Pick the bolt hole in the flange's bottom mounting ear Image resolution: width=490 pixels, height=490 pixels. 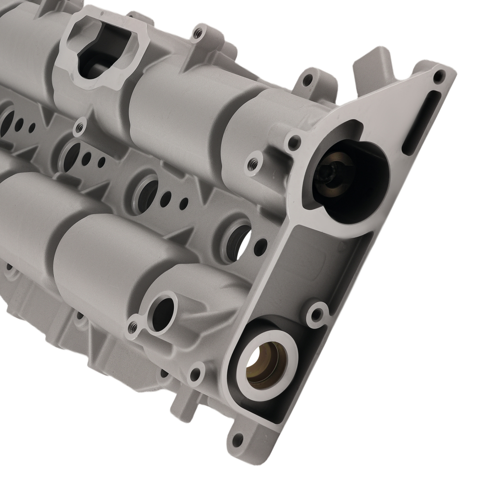click(x=238, y=440)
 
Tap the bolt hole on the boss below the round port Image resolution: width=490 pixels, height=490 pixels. click(x=196, y=375)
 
